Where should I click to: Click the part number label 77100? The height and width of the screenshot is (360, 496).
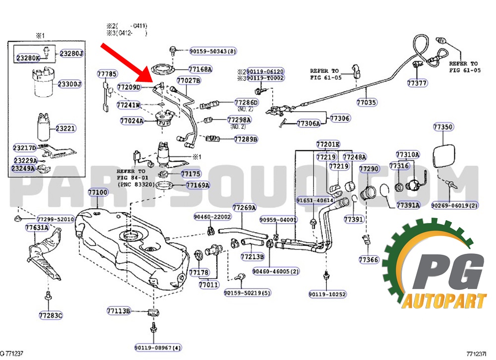[x=98, y=192]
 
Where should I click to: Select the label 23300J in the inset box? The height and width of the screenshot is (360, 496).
[x=69, y=84]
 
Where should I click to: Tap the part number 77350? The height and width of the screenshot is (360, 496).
[x=443, y=127]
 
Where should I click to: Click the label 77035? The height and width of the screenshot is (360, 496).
[x=366, y=103]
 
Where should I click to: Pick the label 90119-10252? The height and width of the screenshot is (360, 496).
[x=327, y=294]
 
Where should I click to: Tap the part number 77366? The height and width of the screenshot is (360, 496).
[x=369, y=259]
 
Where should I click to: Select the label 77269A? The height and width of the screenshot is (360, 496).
[x=244, y=207]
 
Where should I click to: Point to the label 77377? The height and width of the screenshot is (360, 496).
[x=417, y=83]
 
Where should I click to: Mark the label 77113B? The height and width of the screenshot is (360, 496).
[x=118, y=311]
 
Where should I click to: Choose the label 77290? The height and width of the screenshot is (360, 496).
[x=369, y=169]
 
